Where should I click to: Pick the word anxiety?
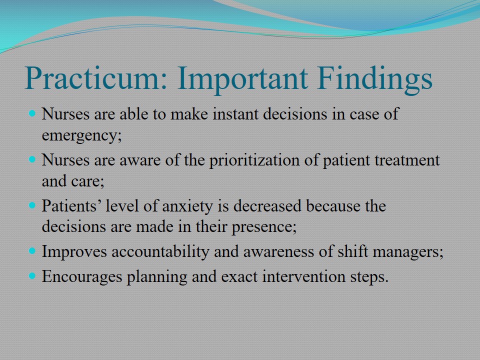pyautogui.click(x=187, y=206)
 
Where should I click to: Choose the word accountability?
pyautogui.click(x=160, y=252)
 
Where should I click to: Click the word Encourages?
pyautogui.click(x=81, y=276)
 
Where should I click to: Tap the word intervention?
pyautogui.click(x=303, y=276)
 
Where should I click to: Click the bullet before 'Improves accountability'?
pyautogui.click(x=32, y=251)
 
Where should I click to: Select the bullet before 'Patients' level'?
pyautogui.click(x=32, y=205)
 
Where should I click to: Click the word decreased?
pyautogui.click(x=267, y=205)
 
